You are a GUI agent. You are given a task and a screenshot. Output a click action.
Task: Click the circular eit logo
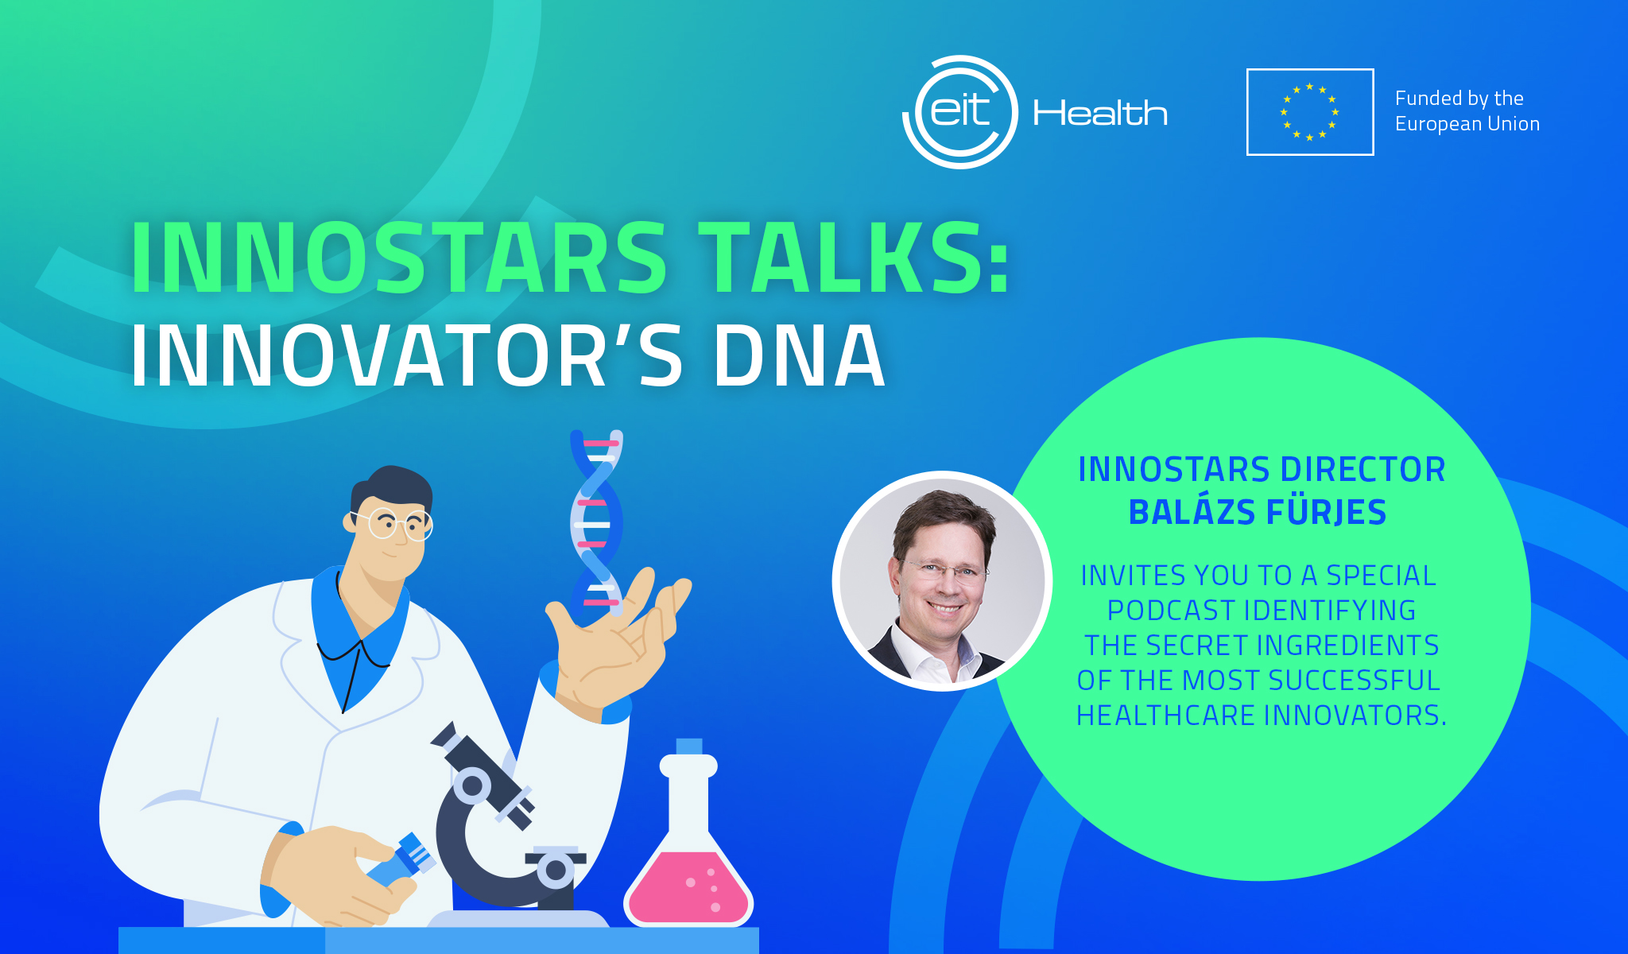pyautogui.click(x=960, y=112)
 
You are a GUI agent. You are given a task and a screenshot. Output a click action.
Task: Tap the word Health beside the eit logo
pyautogui.click(x=1100, y=113)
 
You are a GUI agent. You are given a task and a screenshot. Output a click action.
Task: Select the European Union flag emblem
pyautogui.click(x=1310, y=112)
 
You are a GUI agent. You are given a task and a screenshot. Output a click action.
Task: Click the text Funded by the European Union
pyautogui.click(x=1467, y=111)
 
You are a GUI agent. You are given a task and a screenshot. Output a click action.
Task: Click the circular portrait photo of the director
pyautogui.click(x=942, y=581)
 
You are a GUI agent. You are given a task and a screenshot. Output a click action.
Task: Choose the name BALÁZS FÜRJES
pyautogui.click(x=1258, y=512)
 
